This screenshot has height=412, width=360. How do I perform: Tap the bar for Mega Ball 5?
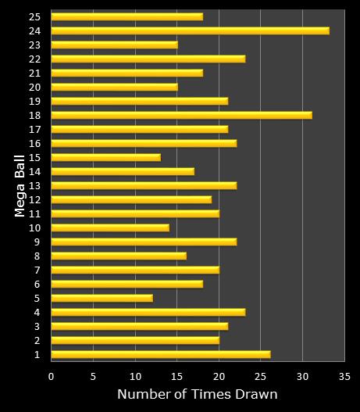point(102,298)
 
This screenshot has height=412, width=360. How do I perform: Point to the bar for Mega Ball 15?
point(105,157)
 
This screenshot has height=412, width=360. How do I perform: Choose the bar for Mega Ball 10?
point(109,227)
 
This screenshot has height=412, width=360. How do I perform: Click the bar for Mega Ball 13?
point(144,185)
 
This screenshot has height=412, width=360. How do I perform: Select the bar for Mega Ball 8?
point(118,256)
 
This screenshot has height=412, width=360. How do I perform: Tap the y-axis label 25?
point(35,16)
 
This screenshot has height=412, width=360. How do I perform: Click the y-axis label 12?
point(35,199)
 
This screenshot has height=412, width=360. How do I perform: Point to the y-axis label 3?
point(37,326)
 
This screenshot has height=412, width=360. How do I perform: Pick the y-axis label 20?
point(35,87)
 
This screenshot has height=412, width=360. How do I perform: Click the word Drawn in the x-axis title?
point(256,394)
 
